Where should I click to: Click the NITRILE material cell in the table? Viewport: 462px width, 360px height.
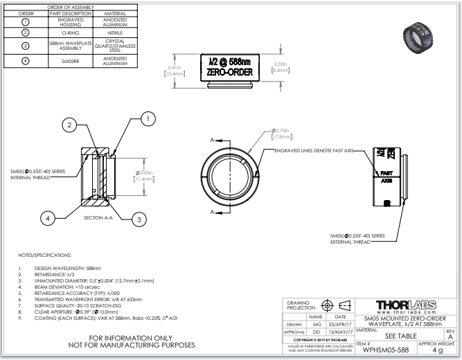tap(115, 33)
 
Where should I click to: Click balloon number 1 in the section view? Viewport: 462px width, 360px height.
tap(147, 119)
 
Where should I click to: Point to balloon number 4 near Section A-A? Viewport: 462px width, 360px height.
tap(48, 218)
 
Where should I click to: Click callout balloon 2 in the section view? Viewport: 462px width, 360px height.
tap(69, 125)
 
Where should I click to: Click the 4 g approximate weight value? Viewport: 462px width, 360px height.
tap(437, 350)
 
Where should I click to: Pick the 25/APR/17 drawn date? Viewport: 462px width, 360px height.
tap(340, 323)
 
